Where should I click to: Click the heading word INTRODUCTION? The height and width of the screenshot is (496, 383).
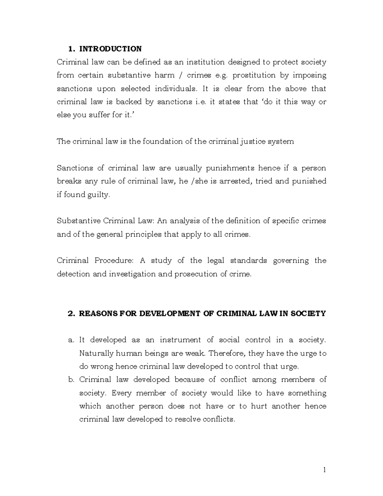pyautogui.click(x=110, y=49)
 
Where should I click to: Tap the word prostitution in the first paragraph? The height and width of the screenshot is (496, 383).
pyautogui.click(x=254, y=75)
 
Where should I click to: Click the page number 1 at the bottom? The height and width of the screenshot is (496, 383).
pyautogui.click(x=324, y=470)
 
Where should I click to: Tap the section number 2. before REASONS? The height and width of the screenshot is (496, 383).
pyautogui.click(x=71, y=314)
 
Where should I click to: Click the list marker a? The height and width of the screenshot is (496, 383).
pyautogui.click(x=71, y=340)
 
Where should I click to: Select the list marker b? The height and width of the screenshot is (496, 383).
pyautogui.click(x=71, y=380)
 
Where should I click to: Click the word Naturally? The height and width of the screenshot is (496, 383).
pyautogui.click(x=96, y=354)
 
